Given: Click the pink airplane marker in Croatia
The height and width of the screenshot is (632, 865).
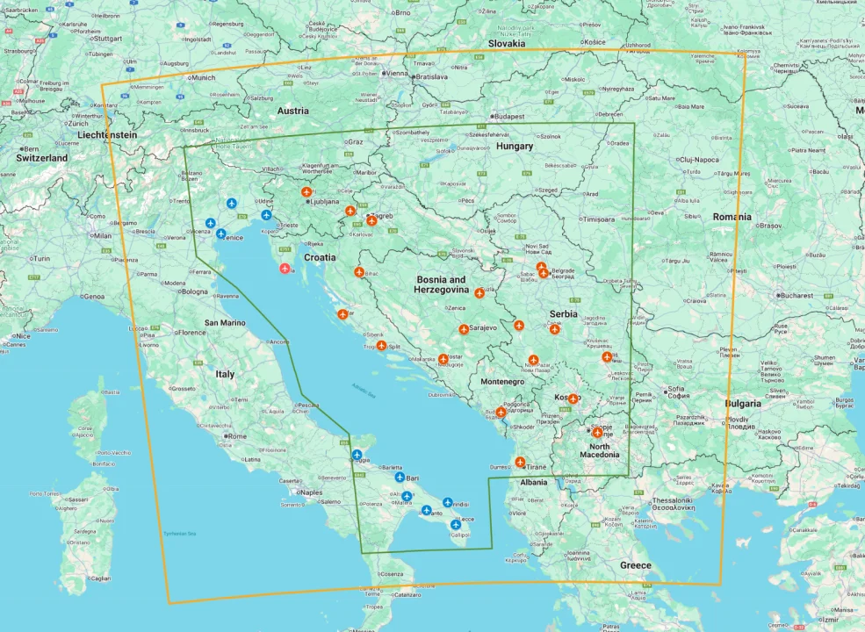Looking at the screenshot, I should pyautogui.click(x=285, y=268).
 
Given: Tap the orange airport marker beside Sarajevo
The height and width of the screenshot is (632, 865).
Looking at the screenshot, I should pyautogui.click(x=464, y=329).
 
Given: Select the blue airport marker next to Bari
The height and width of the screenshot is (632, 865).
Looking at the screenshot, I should pyautogui.click(x=400, y=478).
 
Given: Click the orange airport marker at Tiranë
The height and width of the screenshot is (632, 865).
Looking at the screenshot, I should pyautogui.click(x=520, y=462).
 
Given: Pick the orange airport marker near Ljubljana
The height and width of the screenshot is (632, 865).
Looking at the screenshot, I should pyautogui.click(x=306, y=191).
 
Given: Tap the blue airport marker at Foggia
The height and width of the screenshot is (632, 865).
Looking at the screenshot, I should pyautogui.click(x=357, y=455).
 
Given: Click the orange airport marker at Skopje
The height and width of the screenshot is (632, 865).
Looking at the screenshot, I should pyautogui.click(x=597, y=432).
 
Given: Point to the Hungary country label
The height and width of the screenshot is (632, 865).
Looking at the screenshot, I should pyautogui.click(x=515, y=147).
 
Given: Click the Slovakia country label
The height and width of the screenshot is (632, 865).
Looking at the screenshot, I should pyautogui.click(x=507, y=43).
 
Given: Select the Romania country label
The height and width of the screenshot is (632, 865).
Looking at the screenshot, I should pyautogui.click(x=732, y=217).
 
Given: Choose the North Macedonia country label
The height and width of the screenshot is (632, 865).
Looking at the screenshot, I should pyautogui.click(x=600, y=449).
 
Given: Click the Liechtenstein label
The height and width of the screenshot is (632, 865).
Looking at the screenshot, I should pyautogui.click(x=107, y=135).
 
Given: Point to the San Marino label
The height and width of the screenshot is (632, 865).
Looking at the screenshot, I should pyautogui.click(x=230, y=322).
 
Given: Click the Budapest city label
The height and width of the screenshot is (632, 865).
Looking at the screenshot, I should pyautogui.click(x=508, y=116).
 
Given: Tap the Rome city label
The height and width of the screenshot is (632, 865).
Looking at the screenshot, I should pyautogui.click(x=237, y=436).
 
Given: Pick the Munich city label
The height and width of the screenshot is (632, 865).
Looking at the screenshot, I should pyautogui.click(x=203, y=77).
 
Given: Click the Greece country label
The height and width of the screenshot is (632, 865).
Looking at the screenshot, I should pyautogui.click(x=636, y=565).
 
